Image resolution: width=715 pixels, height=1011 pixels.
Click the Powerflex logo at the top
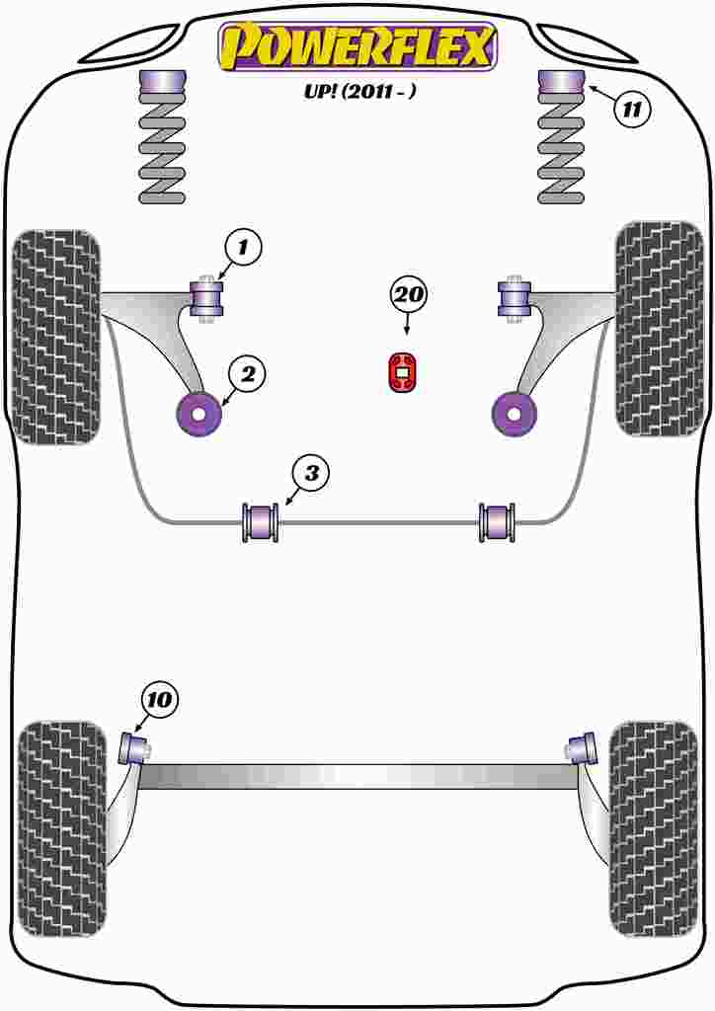357,46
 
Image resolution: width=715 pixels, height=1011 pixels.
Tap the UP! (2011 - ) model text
357,91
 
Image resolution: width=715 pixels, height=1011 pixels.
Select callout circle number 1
243,246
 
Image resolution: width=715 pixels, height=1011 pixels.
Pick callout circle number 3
310,474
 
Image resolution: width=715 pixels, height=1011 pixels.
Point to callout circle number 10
159,700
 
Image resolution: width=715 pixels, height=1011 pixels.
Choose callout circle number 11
633,109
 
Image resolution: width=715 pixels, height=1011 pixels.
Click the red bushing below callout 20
402,371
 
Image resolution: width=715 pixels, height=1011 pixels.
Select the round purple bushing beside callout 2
199,415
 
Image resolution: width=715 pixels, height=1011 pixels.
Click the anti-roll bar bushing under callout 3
261,522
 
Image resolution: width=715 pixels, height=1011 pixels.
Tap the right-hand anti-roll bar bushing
497,522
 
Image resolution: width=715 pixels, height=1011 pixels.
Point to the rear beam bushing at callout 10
133,747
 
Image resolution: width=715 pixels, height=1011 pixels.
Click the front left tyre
55,336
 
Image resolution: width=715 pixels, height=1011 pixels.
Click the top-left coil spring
162,148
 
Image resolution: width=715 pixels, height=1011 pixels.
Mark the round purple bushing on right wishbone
514,414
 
